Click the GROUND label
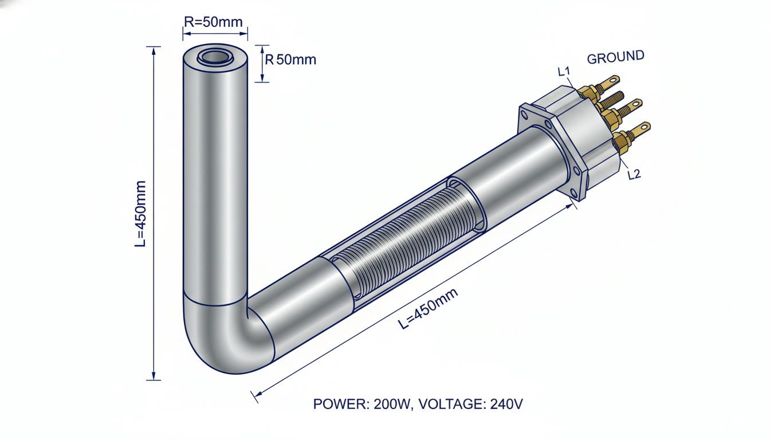[x=615, y=57]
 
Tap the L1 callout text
[x=564, y=72]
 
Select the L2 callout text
[x=634, y=175]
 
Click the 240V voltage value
[x=506, y=404]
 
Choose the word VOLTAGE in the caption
[x=448, y=404]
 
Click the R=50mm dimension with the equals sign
[x=213, y=22]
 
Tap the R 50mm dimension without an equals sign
[x=290, y=60]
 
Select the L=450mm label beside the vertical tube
[x=140, y=214]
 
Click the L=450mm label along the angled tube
[x=428, y=308]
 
